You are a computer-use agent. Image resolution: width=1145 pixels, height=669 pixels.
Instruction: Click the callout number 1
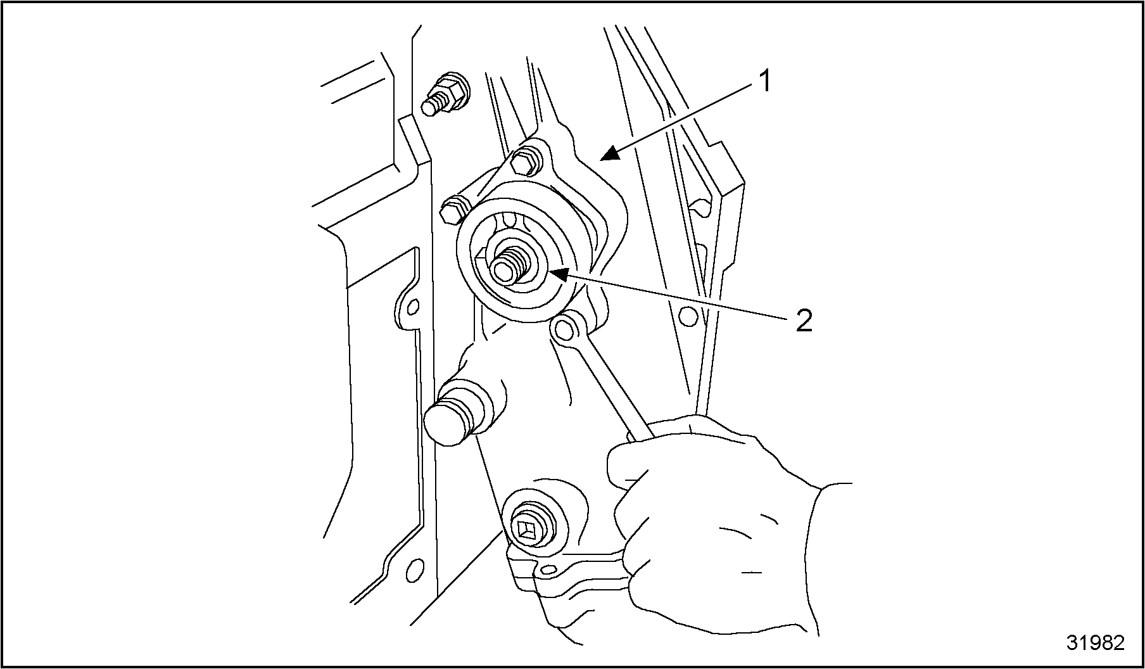pos(765,81)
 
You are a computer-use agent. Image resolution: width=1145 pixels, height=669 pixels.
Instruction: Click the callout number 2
pos(803,321)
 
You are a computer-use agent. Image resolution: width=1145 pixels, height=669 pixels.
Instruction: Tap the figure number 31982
pos(1096,642)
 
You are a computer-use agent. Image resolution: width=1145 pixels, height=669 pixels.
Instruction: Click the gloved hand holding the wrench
pos(709,526)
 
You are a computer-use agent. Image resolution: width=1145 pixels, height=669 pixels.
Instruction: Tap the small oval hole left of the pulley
pos(413,307)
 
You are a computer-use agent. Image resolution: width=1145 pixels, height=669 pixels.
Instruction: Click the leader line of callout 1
pos(681,119)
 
